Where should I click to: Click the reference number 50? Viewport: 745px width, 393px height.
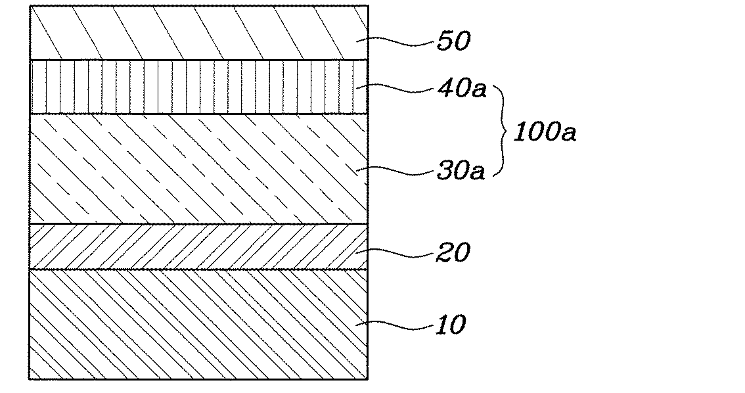[x=453, y=41]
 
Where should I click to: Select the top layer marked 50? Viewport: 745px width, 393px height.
[x=197, y=33]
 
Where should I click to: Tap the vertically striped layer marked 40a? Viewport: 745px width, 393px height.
[x=197, y=87]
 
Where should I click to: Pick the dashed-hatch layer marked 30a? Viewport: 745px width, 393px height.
[x=197, y=169]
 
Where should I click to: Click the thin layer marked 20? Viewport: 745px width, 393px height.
[x=197, y=246]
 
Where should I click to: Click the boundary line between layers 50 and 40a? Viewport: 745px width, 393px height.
[x=197, y=60]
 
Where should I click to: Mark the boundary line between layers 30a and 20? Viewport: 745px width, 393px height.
[x=197, y=224]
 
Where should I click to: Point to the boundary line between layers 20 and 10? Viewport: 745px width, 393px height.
[x=197, y=269]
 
